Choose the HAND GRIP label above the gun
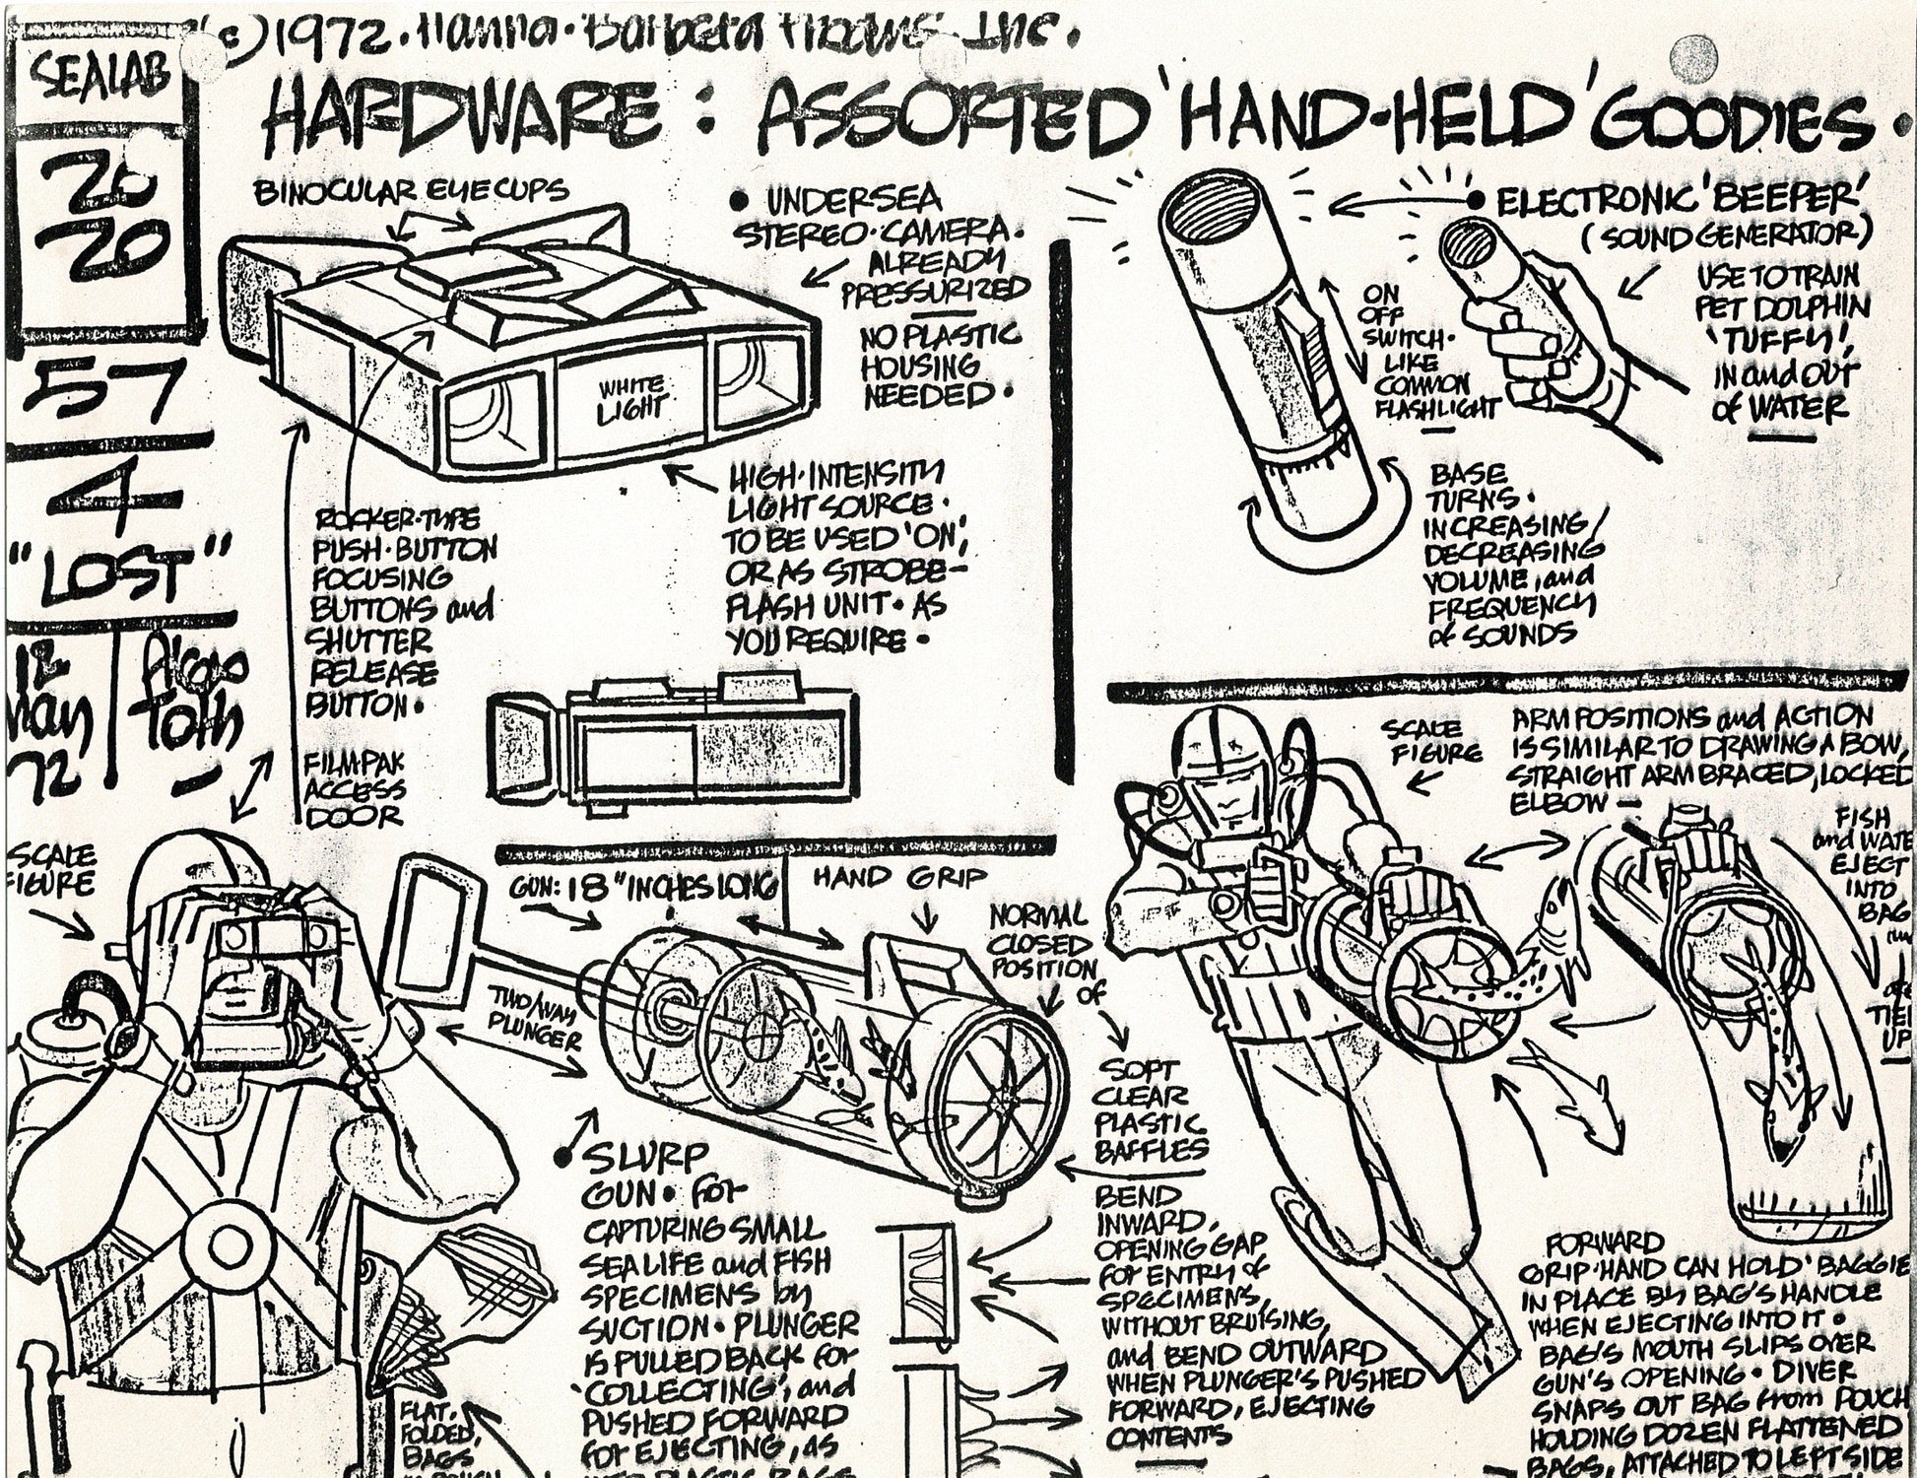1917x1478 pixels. coord(898,877)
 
